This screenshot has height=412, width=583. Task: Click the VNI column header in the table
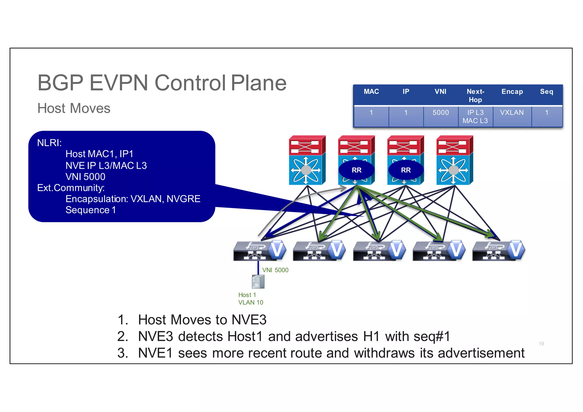(x=440, y=92)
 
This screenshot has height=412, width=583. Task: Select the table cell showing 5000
(x=440, y=113)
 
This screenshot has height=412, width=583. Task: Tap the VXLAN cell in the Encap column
(x=512, y=113)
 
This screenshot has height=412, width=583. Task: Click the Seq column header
(x=547, y=92)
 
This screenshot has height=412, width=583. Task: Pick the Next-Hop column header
(x=475, y=96)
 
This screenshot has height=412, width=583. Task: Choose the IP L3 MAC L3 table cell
(x=475, y=117)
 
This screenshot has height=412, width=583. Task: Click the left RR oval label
(x=356, y=170)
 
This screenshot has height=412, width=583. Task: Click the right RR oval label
(x=406, y=170)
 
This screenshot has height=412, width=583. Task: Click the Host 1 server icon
(x=258, y=282)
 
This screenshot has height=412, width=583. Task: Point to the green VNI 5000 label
(x=275, y=270)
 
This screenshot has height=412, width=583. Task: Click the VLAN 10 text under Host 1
(x=251, y=302)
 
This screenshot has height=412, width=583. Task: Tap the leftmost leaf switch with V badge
(x=260, y=251)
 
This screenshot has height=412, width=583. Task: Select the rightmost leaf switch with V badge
(x=498, y=251)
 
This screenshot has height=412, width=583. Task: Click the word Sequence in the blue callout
(x=87, y=210)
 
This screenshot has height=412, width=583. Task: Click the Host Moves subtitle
(x=74, y=108)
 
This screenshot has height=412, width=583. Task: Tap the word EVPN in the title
(x=119, y=83)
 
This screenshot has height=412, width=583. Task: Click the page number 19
(x=541, y=344)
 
